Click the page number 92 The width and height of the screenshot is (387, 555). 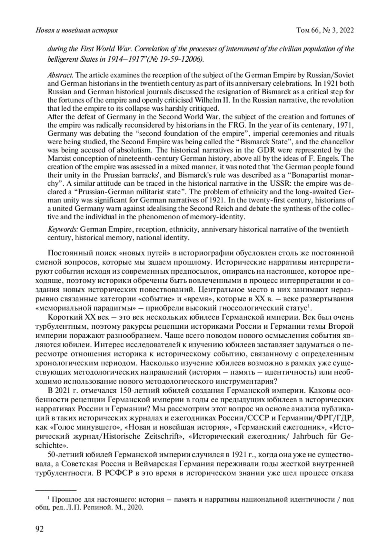39,529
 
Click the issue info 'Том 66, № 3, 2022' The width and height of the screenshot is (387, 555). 325,30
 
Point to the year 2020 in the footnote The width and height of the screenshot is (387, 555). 135,507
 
